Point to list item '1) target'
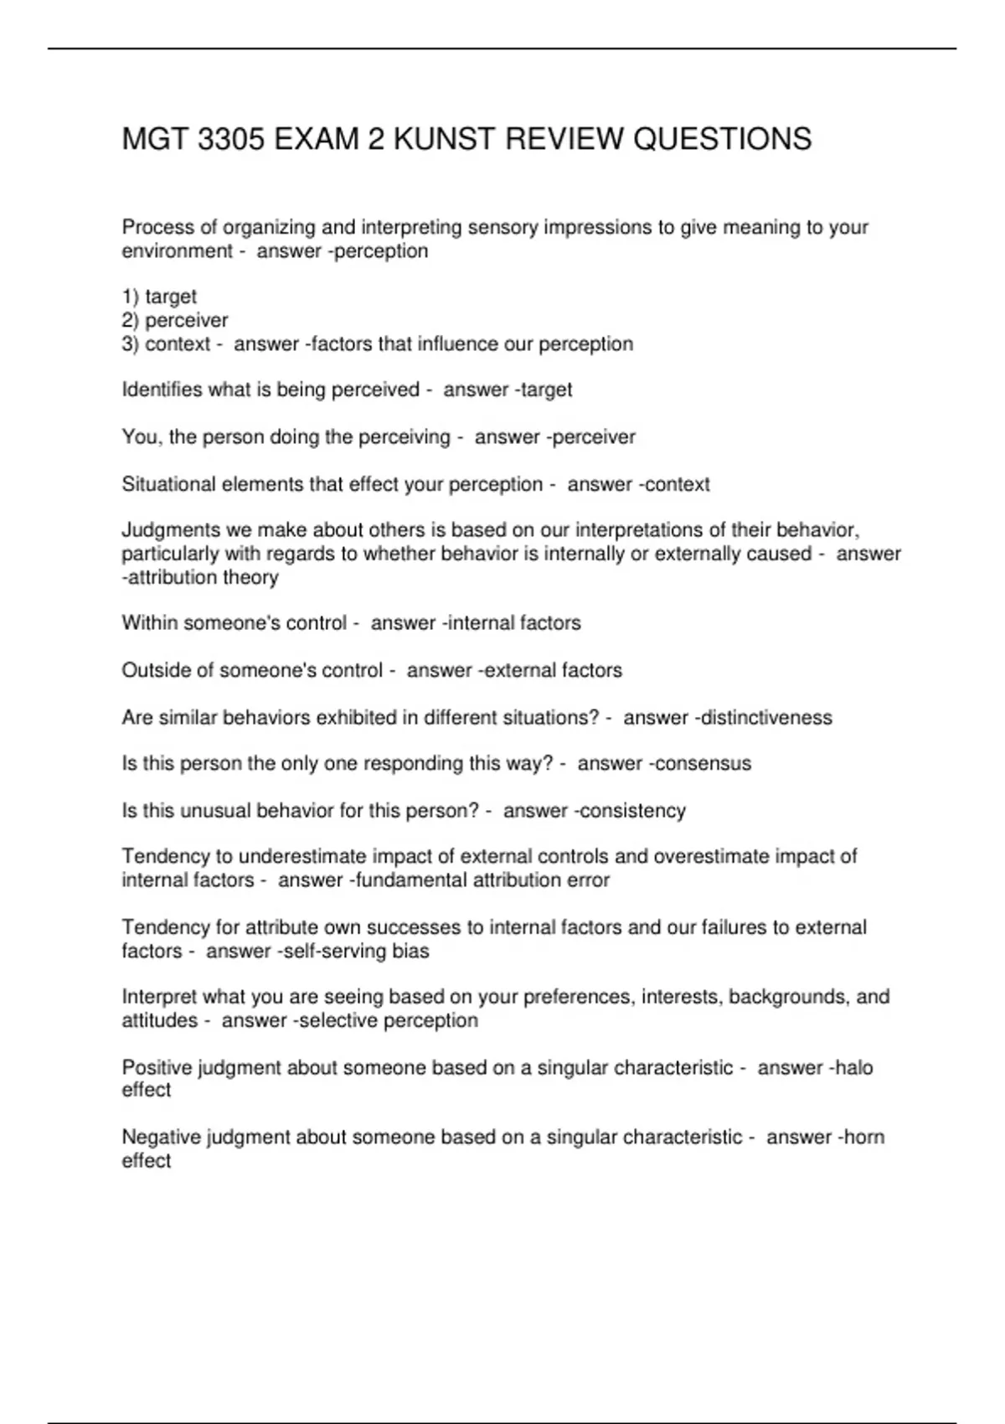[159, 297]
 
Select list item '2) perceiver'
[175, 320]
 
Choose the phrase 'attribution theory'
[204, 577]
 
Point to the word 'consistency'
[633, 811]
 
